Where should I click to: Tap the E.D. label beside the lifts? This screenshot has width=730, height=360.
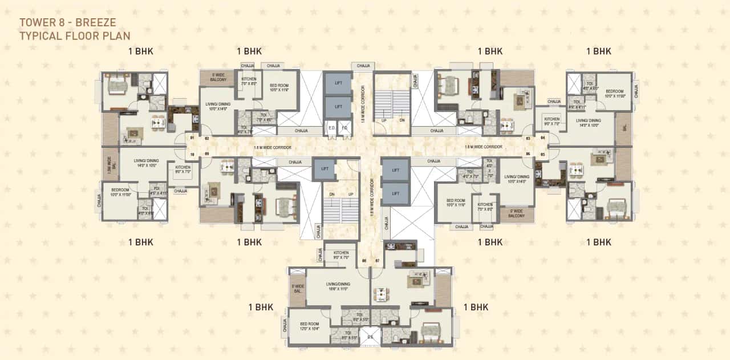[x=331, y=127]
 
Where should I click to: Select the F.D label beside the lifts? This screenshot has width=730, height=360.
[x=343, y=127]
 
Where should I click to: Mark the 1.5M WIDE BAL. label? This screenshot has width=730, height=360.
[x=109, y=164]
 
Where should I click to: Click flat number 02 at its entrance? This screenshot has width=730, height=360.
[x=206, y=139]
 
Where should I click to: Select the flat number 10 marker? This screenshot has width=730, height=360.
[x=192, y=154]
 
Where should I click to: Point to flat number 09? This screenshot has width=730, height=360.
[x=206, y=154]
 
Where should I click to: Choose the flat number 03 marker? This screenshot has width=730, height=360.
[x=528, y=139]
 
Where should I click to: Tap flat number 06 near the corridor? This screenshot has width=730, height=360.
[x=528, y=154]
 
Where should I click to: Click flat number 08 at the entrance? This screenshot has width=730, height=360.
[x=364, y=261]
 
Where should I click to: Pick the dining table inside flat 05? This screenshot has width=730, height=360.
[x=578, y=169]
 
